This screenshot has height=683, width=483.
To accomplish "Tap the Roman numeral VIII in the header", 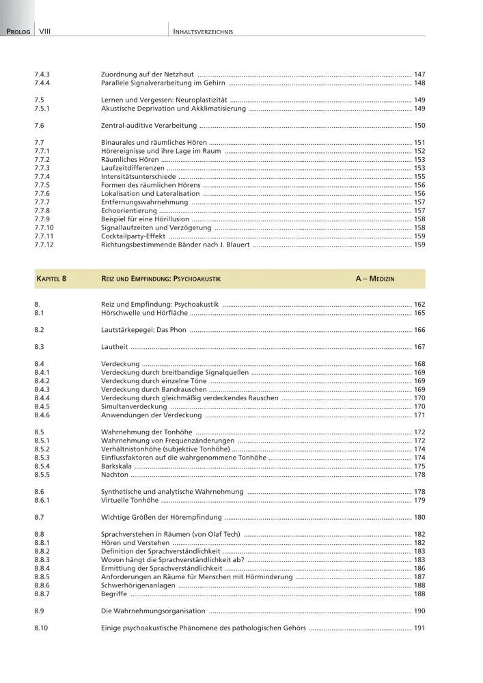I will [x=46, y=31].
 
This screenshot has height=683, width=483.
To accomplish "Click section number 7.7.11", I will [x=44, y=236].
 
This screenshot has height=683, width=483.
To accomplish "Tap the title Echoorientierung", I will [x=128, y=210].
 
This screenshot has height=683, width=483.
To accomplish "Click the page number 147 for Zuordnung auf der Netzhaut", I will [x=419, y=73].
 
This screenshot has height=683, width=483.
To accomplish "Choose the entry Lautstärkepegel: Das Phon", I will [x=144, y=330].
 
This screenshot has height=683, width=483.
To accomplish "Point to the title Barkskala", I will [x=116, y=466].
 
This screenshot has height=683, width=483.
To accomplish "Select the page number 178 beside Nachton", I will [x=419, y=475].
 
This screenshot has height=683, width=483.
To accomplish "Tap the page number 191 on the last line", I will [x=419, y=628].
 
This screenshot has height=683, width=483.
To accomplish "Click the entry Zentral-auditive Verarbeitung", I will [x=149, y=126].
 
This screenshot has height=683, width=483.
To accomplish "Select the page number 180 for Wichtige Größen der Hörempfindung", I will [x=419, y=517].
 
